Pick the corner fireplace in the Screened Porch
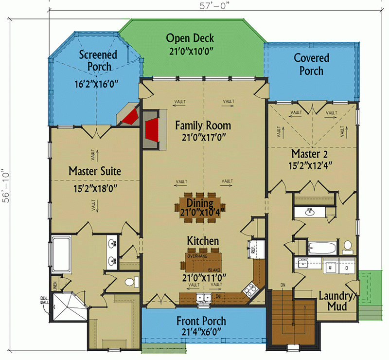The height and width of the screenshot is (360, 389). pyautogui.click(x=129, y=116)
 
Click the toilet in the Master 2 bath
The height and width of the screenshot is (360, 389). pyautogui.click(x=347, y=247)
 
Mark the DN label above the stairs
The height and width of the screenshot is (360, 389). pyautogui.click(x=283, y=285)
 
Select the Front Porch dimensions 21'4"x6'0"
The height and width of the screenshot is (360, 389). pyautogui.click(x=201, y=332)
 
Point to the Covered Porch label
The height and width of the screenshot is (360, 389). pyautogui.click(x=311, y=64)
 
